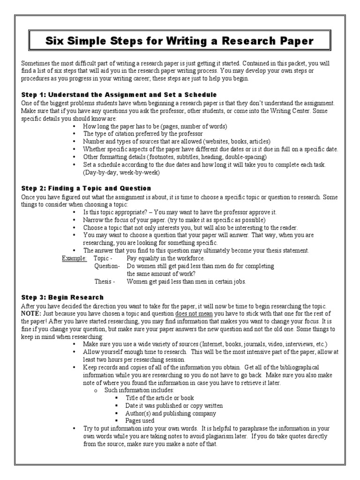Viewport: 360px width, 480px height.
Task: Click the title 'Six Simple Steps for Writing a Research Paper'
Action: [x=180, y=41]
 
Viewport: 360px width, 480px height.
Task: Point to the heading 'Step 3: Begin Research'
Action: [x=62, y=297]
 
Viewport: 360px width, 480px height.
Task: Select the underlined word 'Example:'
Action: [x=75, y=258]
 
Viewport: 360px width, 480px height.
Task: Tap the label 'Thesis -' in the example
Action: [x=104, y=282]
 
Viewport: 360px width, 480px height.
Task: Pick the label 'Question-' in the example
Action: [x=107, y=266]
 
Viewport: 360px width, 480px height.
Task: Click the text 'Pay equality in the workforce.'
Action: [x=165, y=258]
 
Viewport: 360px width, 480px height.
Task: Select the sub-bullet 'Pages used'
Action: [x=140, y=421]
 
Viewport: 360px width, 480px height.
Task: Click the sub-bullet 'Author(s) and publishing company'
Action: [x=171, y=413]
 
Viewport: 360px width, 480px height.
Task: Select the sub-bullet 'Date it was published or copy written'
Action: [x=174, y=405]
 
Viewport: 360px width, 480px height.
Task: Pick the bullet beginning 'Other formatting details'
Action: [x=175, y=157]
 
